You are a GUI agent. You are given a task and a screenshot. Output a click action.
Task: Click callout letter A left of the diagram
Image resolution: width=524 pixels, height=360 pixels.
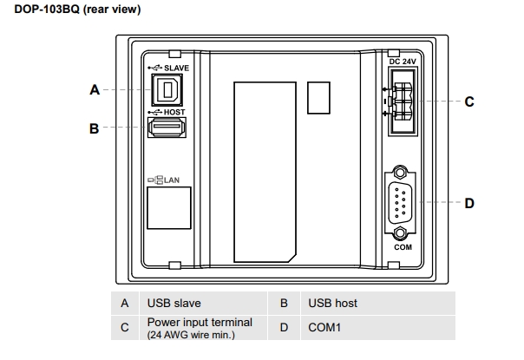(95, 89)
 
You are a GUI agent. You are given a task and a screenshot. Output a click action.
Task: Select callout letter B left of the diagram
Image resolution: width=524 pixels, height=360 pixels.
(95, 129)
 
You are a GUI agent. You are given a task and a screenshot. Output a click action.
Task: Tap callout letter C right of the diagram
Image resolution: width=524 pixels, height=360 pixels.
(469, 101)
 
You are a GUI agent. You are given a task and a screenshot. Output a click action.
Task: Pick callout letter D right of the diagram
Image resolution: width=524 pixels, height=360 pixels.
(469, 204)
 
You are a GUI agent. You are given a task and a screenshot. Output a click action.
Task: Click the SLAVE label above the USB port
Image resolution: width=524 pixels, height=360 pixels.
(176, 67)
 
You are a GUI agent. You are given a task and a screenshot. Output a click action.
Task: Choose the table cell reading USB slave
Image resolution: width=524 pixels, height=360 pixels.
(174, 303)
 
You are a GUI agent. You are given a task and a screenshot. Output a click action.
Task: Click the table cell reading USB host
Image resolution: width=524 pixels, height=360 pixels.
(332, 303)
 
